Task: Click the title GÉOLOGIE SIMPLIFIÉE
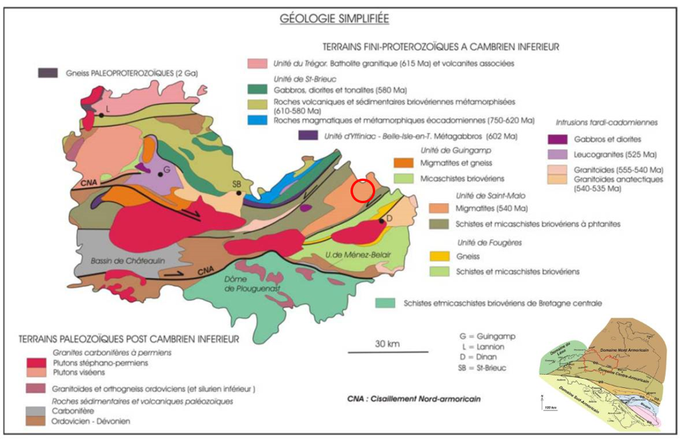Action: [x=334, y=18]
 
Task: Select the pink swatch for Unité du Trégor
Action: [x=257, y=63]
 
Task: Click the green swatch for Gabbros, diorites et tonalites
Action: [x=257, y=89]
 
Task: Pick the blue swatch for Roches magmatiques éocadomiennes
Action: [x=257, y=120]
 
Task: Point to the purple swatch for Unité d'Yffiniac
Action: [x=307, y=136]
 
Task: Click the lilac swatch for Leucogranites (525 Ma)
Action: [x=560, y=153]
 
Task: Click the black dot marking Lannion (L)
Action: [x=100, y=115]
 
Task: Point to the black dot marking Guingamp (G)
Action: [x=159, y=175]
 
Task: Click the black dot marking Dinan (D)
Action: [x=381, y=220]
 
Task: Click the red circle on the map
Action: [x=363, y=189]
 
